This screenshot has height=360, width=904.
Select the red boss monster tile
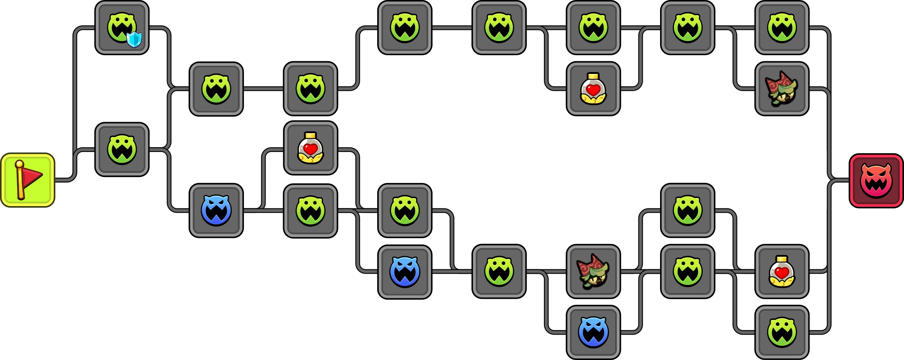(876, 181)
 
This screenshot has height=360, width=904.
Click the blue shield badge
(134, 39)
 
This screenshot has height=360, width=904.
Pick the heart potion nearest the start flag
(310, 148)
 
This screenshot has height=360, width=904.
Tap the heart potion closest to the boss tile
(782, 271)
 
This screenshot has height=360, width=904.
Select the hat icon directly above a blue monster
(593, 271)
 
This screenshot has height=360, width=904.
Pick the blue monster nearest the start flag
(216, 210)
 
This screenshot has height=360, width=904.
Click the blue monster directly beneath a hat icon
(593, 332)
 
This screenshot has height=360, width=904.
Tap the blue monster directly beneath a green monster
(405, 271)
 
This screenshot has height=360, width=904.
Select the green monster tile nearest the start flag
(122, 149)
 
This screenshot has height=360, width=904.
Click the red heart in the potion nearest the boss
(782, 272)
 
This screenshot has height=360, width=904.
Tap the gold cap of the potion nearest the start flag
(310, 135)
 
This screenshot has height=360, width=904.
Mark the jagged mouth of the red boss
(876, 187)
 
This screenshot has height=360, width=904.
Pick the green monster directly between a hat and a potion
(687, 271)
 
